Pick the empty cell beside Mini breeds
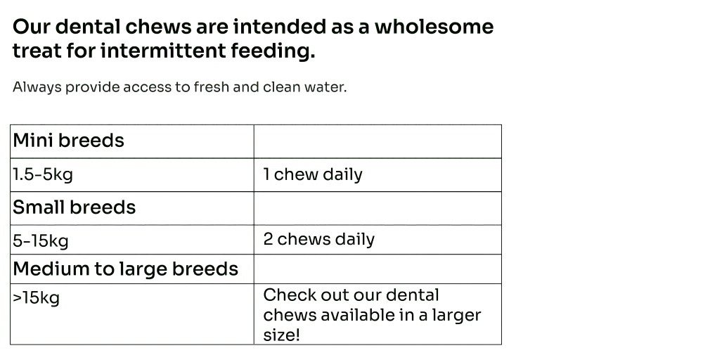click(378, 141)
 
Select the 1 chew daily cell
click(378, 174)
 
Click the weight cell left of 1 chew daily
click(131, 174)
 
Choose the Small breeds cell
click(131, 207)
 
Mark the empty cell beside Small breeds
click(378, 207)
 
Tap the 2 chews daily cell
click(378, 239)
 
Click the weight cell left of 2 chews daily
click(131, 239)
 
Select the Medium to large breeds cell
click(131, 268)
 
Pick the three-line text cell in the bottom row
click(378, 314)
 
